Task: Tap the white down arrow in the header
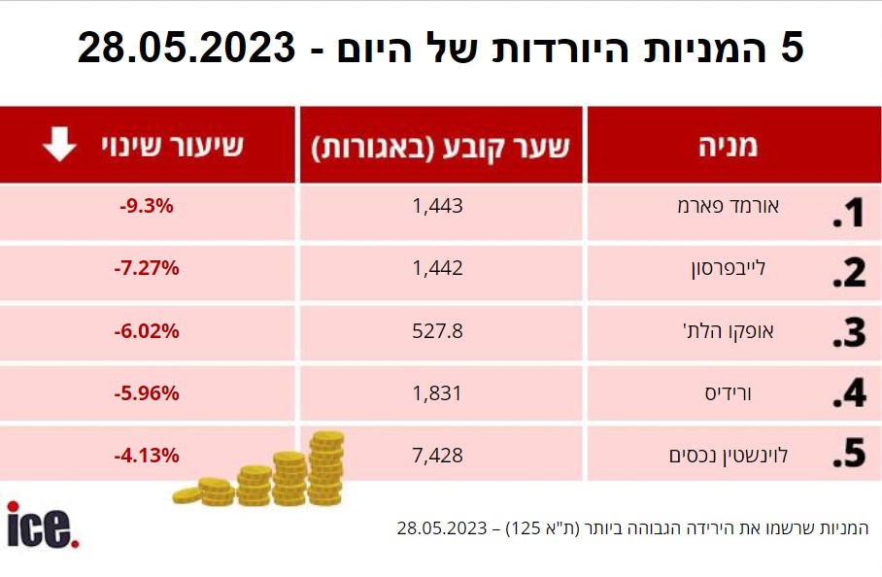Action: (x=58, y=147)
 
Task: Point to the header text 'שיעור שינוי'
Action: (x=174, y=148)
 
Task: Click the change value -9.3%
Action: (x=148, y=206)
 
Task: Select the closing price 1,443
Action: (x=437, y=206)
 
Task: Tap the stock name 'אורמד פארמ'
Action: (x=728, y=207)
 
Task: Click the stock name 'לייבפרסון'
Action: (x=734, y=268)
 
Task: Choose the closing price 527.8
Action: (x=438, y=330)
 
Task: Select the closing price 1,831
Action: (x=437, y=393)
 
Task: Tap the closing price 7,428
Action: (x=437, y=455)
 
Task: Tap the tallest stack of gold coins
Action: (x=326, y=469)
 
